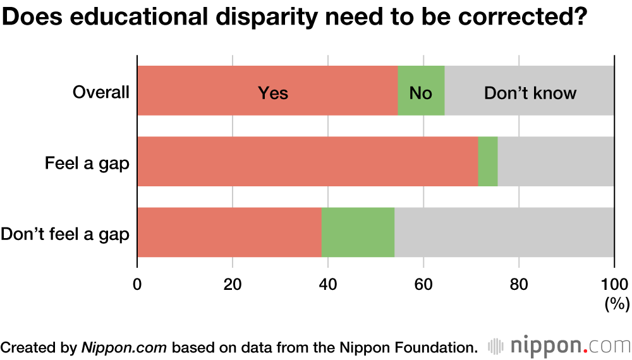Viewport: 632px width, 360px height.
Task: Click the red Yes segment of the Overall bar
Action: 267,91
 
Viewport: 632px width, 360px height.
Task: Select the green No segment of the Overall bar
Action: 421,91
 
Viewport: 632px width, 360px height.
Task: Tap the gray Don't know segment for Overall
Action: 530,91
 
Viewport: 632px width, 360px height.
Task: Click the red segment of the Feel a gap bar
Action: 307,162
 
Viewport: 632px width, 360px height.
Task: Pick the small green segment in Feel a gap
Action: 488,162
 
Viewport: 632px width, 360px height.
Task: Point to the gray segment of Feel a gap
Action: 556,162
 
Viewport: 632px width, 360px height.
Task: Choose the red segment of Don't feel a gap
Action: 229,232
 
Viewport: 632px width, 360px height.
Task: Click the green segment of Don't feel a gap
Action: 358,232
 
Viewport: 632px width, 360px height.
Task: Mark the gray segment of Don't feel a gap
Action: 504,232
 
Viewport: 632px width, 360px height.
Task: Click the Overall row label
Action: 101,92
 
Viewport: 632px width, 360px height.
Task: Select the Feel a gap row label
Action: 87,164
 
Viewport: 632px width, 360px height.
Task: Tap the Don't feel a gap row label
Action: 65,234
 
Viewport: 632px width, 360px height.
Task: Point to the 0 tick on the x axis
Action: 137,283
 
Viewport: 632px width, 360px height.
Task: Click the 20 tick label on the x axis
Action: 233,283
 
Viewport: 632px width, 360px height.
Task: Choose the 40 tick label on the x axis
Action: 328,283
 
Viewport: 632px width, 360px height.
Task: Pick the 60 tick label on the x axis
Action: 423,283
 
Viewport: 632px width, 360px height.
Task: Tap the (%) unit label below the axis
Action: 617,304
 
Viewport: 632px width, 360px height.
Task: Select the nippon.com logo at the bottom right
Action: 559,346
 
